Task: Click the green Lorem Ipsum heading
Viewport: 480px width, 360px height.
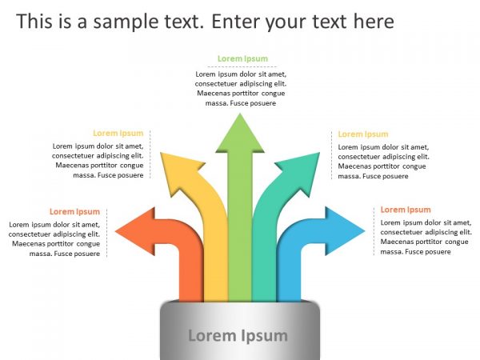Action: click(242, 58)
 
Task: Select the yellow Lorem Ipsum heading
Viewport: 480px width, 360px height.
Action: click(118, 134)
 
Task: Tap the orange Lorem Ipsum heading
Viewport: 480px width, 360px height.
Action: click(74, 212)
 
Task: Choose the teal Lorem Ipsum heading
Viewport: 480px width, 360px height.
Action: click(362, 134)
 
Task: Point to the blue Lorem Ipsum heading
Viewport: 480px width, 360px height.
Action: click(405, 210)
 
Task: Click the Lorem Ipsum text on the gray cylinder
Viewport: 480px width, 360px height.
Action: click(238, 335)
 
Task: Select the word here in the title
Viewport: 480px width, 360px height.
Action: click(370, 21)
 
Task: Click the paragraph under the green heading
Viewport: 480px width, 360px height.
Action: click(241, 88)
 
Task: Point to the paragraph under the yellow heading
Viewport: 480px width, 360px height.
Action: click(99, 161)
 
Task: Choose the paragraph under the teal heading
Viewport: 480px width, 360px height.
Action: click(382, 162)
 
